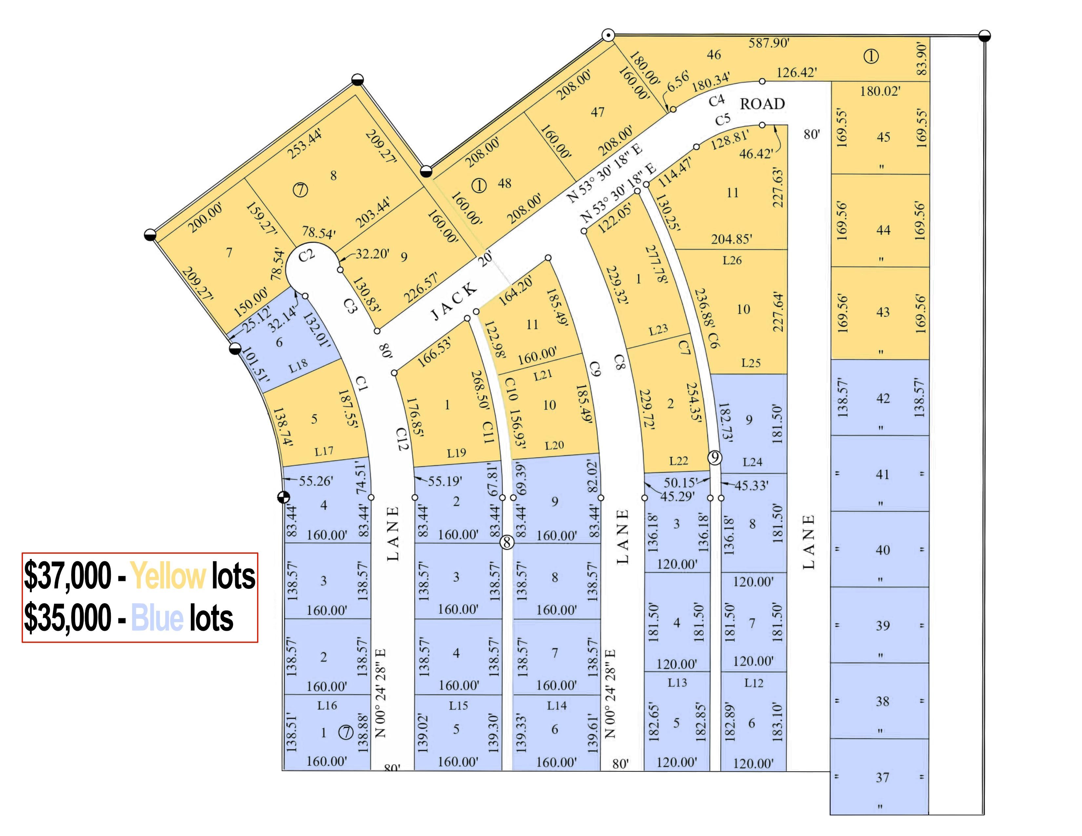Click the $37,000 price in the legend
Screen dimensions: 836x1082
pos(68,576)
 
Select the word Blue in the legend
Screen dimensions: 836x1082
pos(157,619)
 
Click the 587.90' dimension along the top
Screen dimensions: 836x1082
pos(769,43)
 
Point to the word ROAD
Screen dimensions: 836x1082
pos(762,104)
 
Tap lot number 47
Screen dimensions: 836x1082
pos(597,112)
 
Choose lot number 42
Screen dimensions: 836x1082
pos(883,398)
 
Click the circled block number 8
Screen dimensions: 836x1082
pos(506,542)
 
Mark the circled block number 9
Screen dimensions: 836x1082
pos(714,458)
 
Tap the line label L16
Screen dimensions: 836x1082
pos(327,705)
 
